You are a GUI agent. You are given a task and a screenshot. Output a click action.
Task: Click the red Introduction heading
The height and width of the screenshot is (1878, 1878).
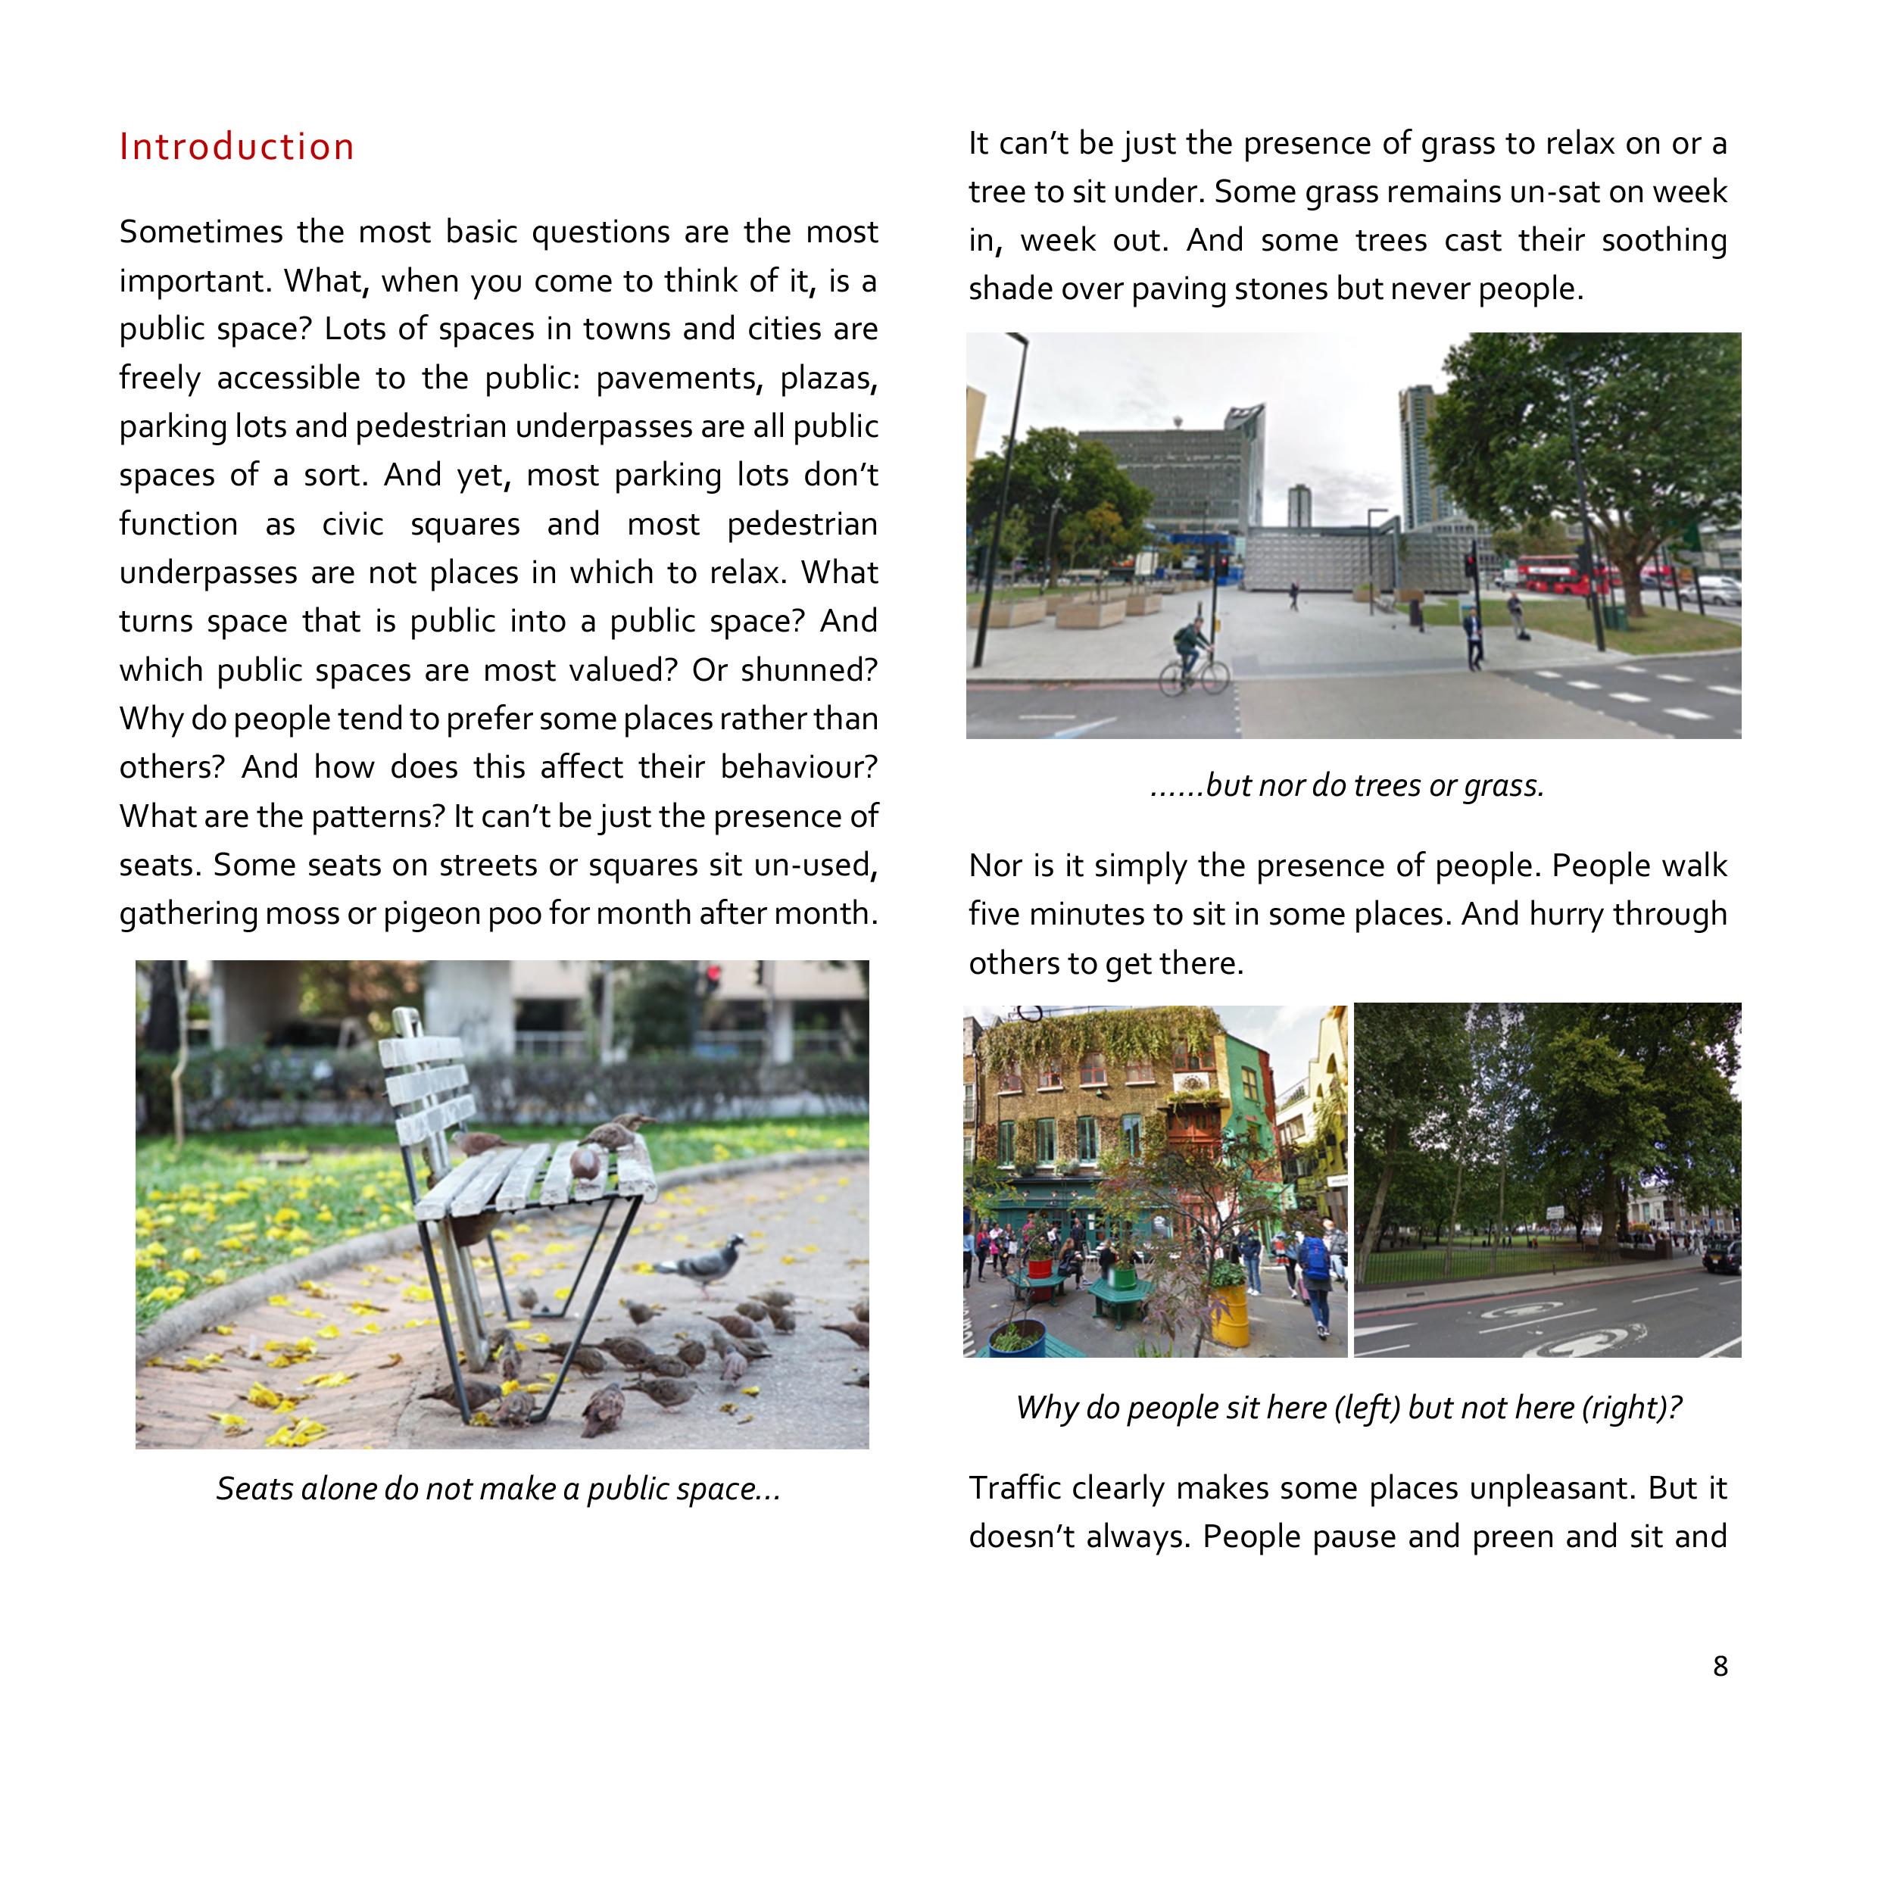pos(236,147)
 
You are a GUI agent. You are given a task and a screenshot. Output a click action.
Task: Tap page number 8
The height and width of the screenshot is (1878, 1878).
pos(1720,1666)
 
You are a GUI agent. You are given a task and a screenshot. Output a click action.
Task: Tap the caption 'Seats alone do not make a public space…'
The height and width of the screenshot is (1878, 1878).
pos(498,1490)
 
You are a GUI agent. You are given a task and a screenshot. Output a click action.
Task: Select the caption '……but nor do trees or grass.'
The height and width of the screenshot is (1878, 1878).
pos(1346,785)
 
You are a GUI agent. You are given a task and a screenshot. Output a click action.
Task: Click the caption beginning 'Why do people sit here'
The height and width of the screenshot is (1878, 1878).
pos(1348,1408)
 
